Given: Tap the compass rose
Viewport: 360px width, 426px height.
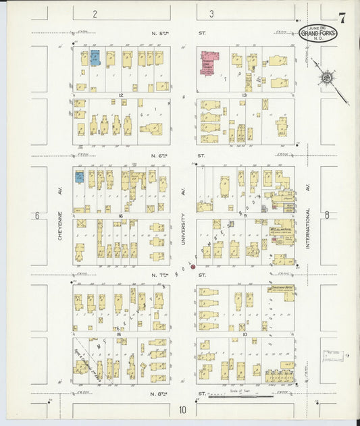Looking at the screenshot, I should tap(327, 78).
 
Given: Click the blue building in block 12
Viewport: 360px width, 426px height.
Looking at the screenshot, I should tap(95, 57).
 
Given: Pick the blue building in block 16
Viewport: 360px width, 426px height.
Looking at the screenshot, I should tap(80, 177).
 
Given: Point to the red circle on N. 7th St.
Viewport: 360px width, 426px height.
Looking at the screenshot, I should tap(193, 267).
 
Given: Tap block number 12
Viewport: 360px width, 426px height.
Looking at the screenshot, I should tap(120, 95).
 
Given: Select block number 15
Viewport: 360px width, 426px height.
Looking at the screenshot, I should tap(118, 335).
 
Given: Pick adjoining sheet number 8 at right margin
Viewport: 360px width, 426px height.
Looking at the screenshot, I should tap(327, 216).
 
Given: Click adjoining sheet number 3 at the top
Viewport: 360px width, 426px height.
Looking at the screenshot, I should tap(211, 14).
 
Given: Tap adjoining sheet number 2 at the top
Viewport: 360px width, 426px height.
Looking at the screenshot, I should tap(95, 14).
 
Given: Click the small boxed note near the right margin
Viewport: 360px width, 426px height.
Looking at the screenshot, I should tap(332, 356).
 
